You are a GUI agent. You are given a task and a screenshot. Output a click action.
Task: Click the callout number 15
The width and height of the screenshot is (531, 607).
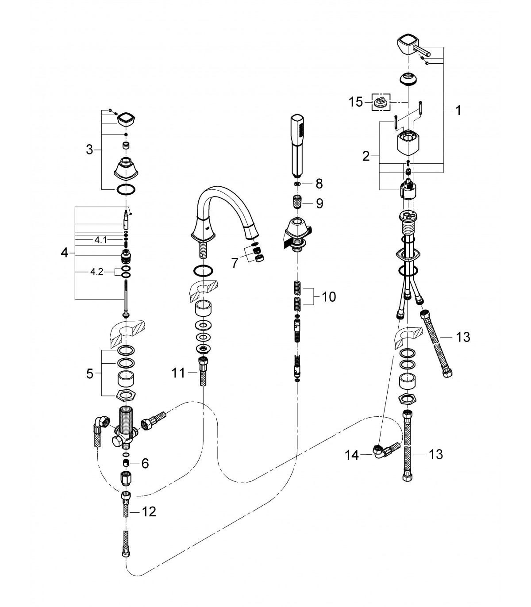pyautogui.click(x=356, y=102)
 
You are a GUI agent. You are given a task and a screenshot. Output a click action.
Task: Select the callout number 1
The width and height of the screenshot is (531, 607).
pyautogui.click(x=458, y=110)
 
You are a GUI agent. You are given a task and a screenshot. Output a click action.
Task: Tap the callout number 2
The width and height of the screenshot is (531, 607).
pyautogui.click(x=366, y=156)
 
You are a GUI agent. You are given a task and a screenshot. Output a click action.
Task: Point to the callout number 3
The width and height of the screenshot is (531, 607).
pyautogui.click(x=89, y=150)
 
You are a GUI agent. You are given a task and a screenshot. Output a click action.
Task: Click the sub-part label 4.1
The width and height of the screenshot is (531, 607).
pyautogui.click(x=100, y=240)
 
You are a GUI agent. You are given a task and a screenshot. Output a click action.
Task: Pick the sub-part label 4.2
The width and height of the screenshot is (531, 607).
pyautogui.click(x=97, y=272)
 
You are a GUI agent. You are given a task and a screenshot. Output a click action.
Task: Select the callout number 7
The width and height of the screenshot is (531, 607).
pyautogui.click(x=235, y=263)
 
